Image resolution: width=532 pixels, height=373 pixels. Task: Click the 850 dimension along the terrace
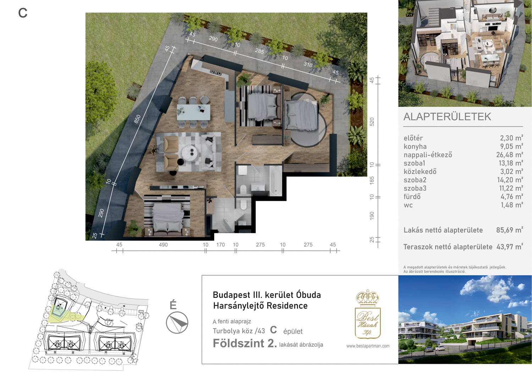137,119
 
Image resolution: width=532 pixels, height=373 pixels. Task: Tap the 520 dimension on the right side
372,122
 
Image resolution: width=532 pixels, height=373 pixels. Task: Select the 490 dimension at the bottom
163,245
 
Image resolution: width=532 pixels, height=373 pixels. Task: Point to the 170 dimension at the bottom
220,245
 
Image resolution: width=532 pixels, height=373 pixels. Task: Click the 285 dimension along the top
259,51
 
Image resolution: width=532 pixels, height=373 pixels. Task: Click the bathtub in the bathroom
275,180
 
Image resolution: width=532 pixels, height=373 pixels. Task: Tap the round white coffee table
189,151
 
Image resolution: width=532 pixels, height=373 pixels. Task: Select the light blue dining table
193,112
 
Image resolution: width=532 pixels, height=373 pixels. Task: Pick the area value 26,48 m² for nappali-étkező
509,155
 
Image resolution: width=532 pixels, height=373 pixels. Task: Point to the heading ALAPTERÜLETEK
447,117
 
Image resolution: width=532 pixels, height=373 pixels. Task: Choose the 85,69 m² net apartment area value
509,230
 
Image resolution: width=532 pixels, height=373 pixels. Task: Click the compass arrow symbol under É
177,323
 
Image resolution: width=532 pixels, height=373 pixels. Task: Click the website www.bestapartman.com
368,346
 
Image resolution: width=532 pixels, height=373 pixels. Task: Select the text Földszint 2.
245,343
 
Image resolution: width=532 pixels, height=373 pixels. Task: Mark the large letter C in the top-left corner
23,13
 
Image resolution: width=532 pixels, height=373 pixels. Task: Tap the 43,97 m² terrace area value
510,247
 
